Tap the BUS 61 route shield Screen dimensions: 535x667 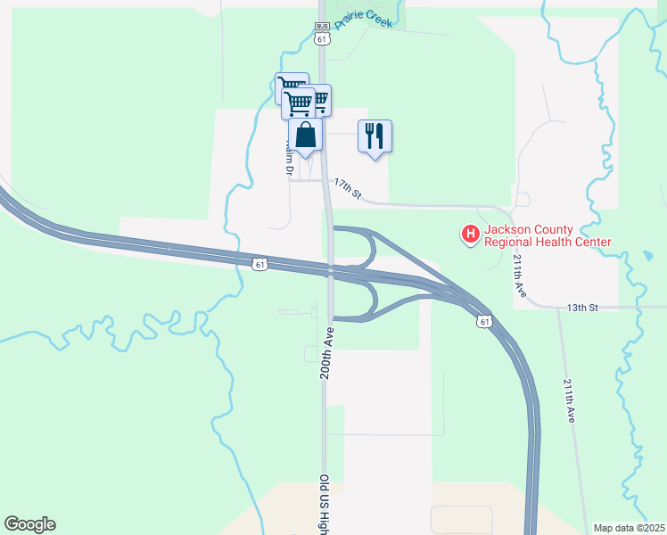[x=322, y=32]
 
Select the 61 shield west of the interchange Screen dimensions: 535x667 [x=259, y=264]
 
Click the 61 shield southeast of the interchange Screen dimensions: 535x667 [x=484, y=321]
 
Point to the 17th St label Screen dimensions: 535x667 [x=348, y=187]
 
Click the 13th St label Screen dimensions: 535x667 [x=581, y=308]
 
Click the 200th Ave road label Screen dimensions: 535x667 [x=327, y=352]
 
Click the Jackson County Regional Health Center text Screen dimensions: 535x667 [x=548, y=235]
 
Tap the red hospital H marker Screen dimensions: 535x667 [x=469, y=235]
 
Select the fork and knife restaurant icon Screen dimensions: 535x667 [x=375, y=136]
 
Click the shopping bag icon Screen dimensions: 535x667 [x=306, y=136]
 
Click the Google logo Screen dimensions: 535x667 [x=29, y=524]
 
